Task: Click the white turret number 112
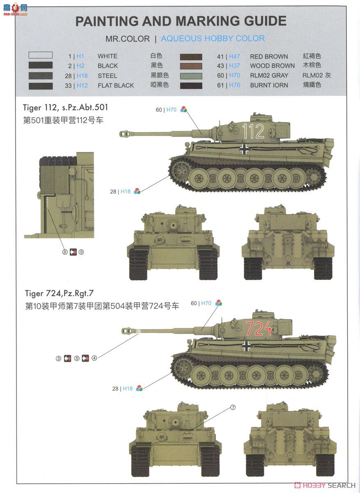[253, 131]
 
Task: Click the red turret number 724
[258, 329]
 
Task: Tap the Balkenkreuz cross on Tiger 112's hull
[244, 149]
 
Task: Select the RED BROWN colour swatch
[191, 57]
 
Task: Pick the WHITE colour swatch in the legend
[40, 55]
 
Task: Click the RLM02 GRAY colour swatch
[191, 76]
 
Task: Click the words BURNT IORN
[269, 85]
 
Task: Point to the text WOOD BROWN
[272, 66]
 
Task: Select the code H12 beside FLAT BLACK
[82, 85]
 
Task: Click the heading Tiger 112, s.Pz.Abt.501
[66, 108]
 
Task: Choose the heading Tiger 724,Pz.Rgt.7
[63, 293]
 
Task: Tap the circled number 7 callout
[233, 408]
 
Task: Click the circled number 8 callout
[64, 252]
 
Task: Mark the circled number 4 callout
[94, 358]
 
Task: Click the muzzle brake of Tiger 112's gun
[125, 133]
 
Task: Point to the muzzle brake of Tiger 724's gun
[128, 330]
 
